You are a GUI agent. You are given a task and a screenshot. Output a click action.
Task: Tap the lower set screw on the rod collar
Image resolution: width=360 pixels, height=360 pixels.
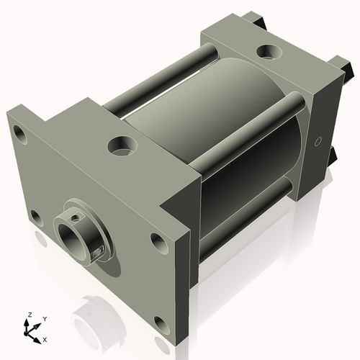click(x=99, y=251)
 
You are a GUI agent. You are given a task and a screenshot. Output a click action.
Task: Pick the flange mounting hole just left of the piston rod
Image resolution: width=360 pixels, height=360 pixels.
click(x=35, y=215)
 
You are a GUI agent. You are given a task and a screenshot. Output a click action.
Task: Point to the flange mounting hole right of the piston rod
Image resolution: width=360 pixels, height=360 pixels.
click(x=158, y=240)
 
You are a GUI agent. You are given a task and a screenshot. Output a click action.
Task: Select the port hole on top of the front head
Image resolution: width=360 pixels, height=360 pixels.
click(x=121, y=146)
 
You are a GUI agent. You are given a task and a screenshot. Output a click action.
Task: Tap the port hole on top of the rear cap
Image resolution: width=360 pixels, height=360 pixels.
click(x=268, y=51)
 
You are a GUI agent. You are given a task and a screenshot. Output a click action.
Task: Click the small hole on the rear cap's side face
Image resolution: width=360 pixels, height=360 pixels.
click(x=318, y=140)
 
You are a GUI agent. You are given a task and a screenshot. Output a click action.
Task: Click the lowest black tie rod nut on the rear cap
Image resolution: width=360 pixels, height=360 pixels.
click(x=333, y=155)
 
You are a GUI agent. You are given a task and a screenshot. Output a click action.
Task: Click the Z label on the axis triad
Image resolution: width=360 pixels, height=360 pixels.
click(x=29, y=315)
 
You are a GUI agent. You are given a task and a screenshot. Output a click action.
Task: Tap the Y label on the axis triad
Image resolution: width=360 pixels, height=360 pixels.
click(x=44, y=318)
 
